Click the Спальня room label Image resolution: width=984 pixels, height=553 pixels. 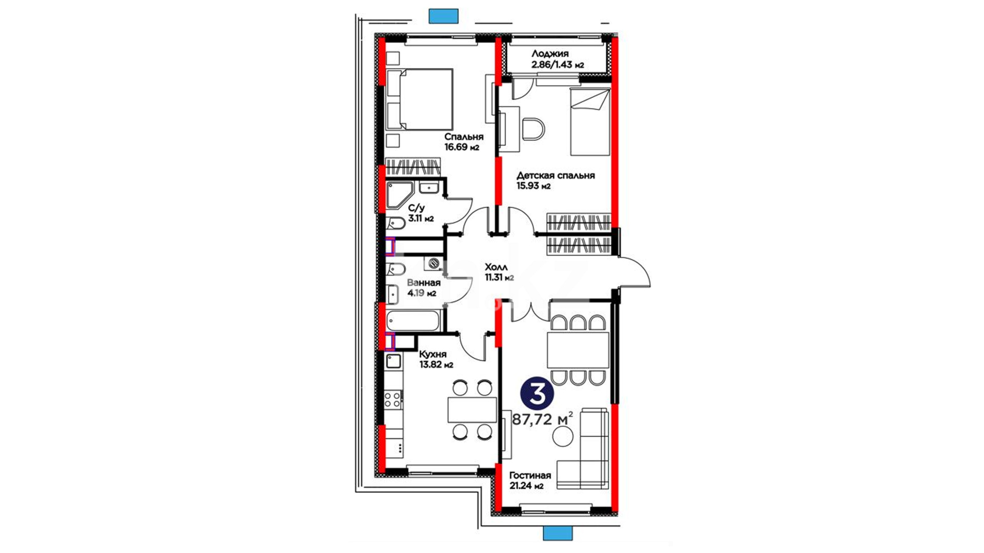click(x=464, y=137)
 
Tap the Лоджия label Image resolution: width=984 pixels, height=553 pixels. click(x=550, y=53)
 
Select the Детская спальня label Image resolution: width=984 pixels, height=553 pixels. click(x=556, y=175)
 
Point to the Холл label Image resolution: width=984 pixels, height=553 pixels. click(x=496, y=267)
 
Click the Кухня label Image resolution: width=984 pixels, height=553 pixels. click(x=433, y=354)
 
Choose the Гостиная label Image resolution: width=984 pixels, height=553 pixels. click(x=530, y=475)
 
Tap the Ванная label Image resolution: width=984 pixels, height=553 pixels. click(x=423, y=283)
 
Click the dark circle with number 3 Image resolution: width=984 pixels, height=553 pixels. click(x=537, y=394)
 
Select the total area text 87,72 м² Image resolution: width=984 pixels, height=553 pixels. click(x=542, y=419)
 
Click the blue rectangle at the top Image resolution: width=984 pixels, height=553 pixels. click(x=443, y=16)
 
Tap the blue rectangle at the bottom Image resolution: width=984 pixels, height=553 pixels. click(x=558, y=534)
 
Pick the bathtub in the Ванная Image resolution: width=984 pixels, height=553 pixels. click(x=413, y=321)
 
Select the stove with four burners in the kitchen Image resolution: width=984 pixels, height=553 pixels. click(x=394, y=399)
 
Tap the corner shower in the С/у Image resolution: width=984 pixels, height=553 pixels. click(x=398, y=195)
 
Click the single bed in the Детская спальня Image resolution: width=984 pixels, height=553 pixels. click(x=590, y=122)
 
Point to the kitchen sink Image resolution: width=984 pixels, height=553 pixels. click(x=394, y=361)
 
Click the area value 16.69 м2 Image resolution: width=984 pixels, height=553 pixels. click(x=462, y=147)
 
